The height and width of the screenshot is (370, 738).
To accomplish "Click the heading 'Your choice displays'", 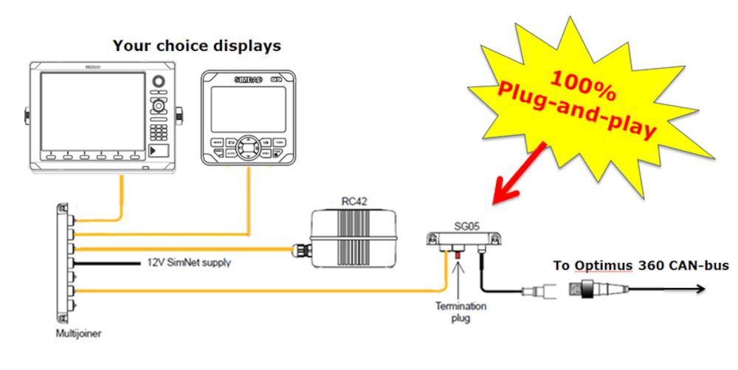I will (x=196, y=46).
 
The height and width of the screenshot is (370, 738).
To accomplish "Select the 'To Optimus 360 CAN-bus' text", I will (x=641, y=265).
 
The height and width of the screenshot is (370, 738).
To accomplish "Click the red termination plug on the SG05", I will (x=458, y=255).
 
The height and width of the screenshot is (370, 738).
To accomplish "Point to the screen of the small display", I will (x=247, y=109).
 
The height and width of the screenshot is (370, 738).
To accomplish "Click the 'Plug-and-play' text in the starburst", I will (x=575, y=109).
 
